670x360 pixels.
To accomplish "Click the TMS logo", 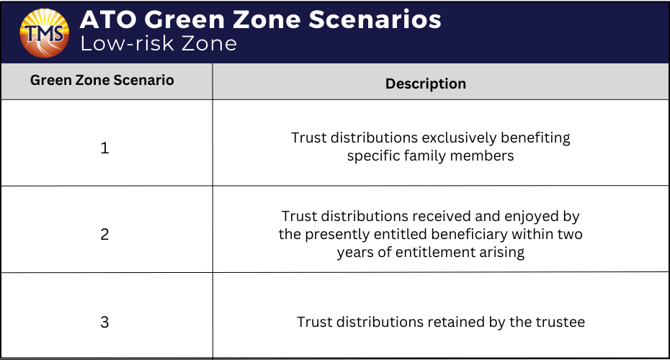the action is coord(45,33).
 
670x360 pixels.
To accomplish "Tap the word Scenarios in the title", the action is coord(375,19).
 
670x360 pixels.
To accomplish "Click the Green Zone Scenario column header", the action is coord(102,80).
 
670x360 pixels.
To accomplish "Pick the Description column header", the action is coord(426,84).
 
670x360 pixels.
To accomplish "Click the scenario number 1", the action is coord(104,148).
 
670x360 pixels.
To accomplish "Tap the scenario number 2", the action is coord(104,235).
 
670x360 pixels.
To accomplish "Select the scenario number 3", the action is coord(104,322).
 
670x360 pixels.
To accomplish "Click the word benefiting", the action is coord(535,138).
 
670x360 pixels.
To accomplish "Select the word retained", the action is coord(456,322).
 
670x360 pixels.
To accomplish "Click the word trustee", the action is coord(560,322).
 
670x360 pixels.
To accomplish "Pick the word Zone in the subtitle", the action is coord(209,43).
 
